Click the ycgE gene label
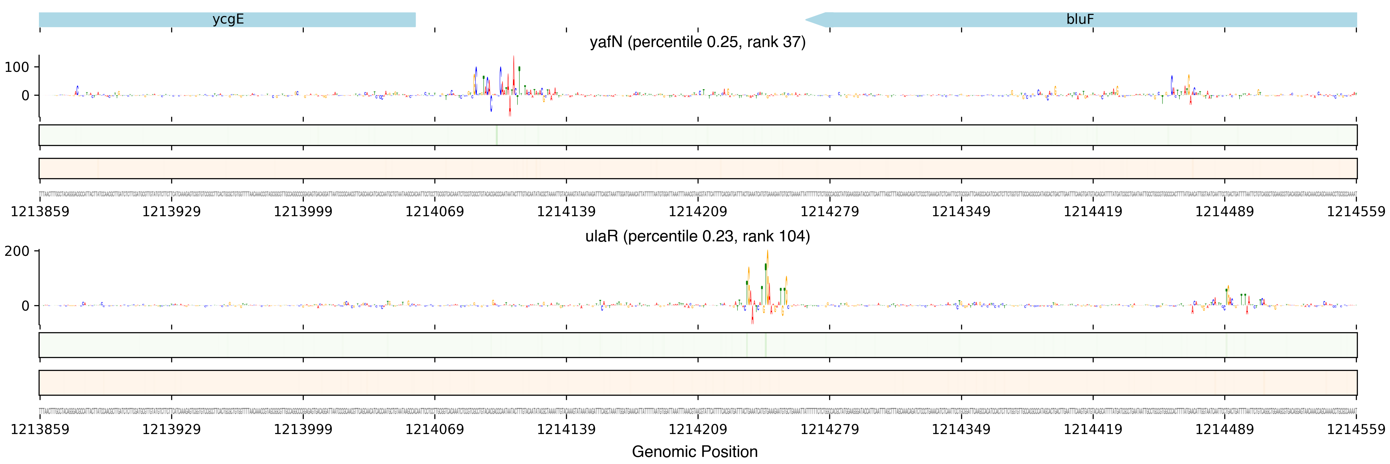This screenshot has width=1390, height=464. tap(228, 19)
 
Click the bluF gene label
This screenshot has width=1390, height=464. tap(1080, 19)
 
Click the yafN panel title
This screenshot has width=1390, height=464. tap(697, 42)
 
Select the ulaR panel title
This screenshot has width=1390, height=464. tap(697, 237)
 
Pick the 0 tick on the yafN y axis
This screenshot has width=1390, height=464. tap(25, 96)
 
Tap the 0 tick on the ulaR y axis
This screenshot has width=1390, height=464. tap(25, 306)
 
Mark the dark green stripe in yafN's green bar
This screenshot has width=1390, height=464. tap(496, 135)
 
